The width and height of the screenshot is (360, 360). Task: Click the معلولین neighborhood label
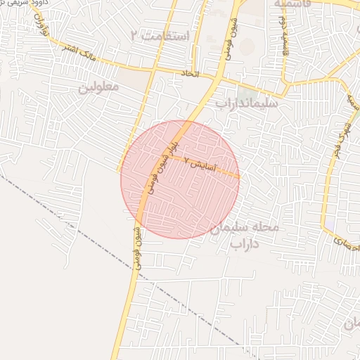[x=98, y=87]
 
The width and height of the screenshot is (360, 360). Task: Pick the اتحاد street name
[x=191, y=72]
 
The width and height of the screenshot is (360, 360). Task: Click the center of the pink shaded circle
[x=180, y=179]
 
